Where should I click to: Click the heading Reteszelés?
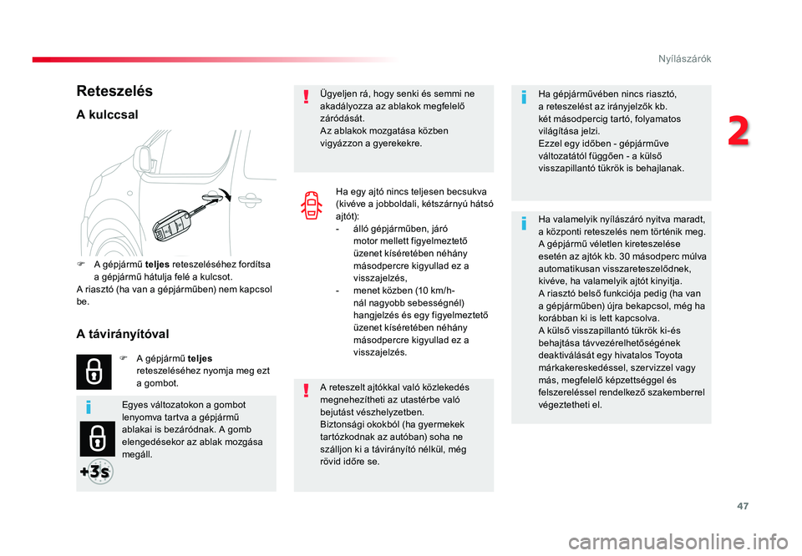click(114, 91)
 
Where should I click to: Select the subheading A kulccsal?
click(108, 114)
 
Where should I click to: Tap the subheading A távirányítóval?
click(123, 334)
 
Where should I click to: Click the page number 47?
click(743, 506)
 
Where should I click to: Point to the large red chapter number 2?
click(739, 131)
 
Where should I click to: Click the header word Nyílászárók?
click(684, 58)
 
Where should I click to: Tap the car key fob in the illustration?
click(171, 225)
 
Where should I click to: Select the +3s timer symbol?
click(97, 472)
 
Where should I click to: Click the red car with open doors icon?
click(312, 205)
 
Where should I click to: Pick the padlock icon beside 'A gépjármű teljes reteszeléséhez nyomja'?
click(94, 372)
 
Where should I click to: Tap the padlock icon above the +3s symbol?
click(97, 439)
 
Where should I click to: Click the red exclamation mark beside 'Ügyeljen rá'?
click(306, 97)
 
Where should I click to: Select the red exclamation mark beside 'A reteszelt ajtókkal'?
click(306, 391)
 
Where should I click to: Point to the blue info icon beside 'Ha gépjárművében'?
click(524, 97)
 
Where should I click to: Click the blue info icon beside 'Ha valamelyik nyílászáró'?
click(524, 223)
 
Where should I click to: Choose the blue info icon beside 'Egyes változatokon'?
click(89, 407)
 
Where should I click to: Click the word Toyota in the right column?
click(668, 355)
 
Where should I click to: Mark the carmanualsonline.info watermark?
click(678, 542)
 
